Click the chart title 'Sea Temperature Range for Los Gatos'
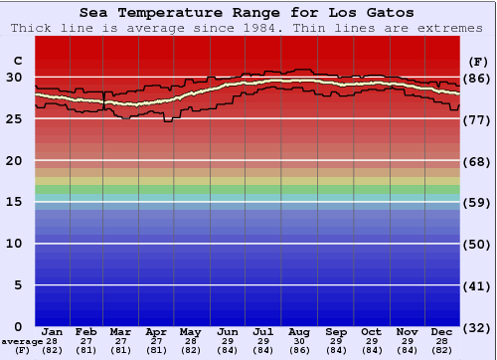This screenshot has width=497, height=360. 248,13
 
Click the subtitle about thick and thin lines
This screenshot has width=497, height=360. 248,28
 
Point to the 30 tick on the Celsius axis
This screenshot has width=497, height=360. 14,77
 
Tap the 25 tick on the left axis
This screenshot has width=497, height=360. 14,118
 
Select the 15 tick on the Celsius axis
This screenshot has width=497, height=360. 14,202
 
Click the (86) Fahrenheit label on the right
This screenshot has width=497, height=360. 478,78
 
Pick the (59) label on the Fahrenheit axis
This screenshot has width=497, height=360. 478,202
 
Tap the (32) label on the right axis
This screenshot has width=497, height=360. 478,327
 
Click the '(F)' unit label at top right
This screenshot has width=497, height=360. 478,60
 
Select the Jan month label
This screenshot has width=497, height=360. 53,331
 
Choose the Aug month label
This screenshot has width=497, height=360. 299,331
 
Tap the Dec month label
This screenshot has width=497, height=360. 442,331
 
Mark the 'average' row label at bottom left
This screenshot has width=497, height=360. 21,340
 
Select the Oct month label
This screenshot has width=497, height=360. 371,331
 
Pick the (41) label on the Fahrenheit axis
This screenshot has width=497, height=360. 478,285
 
